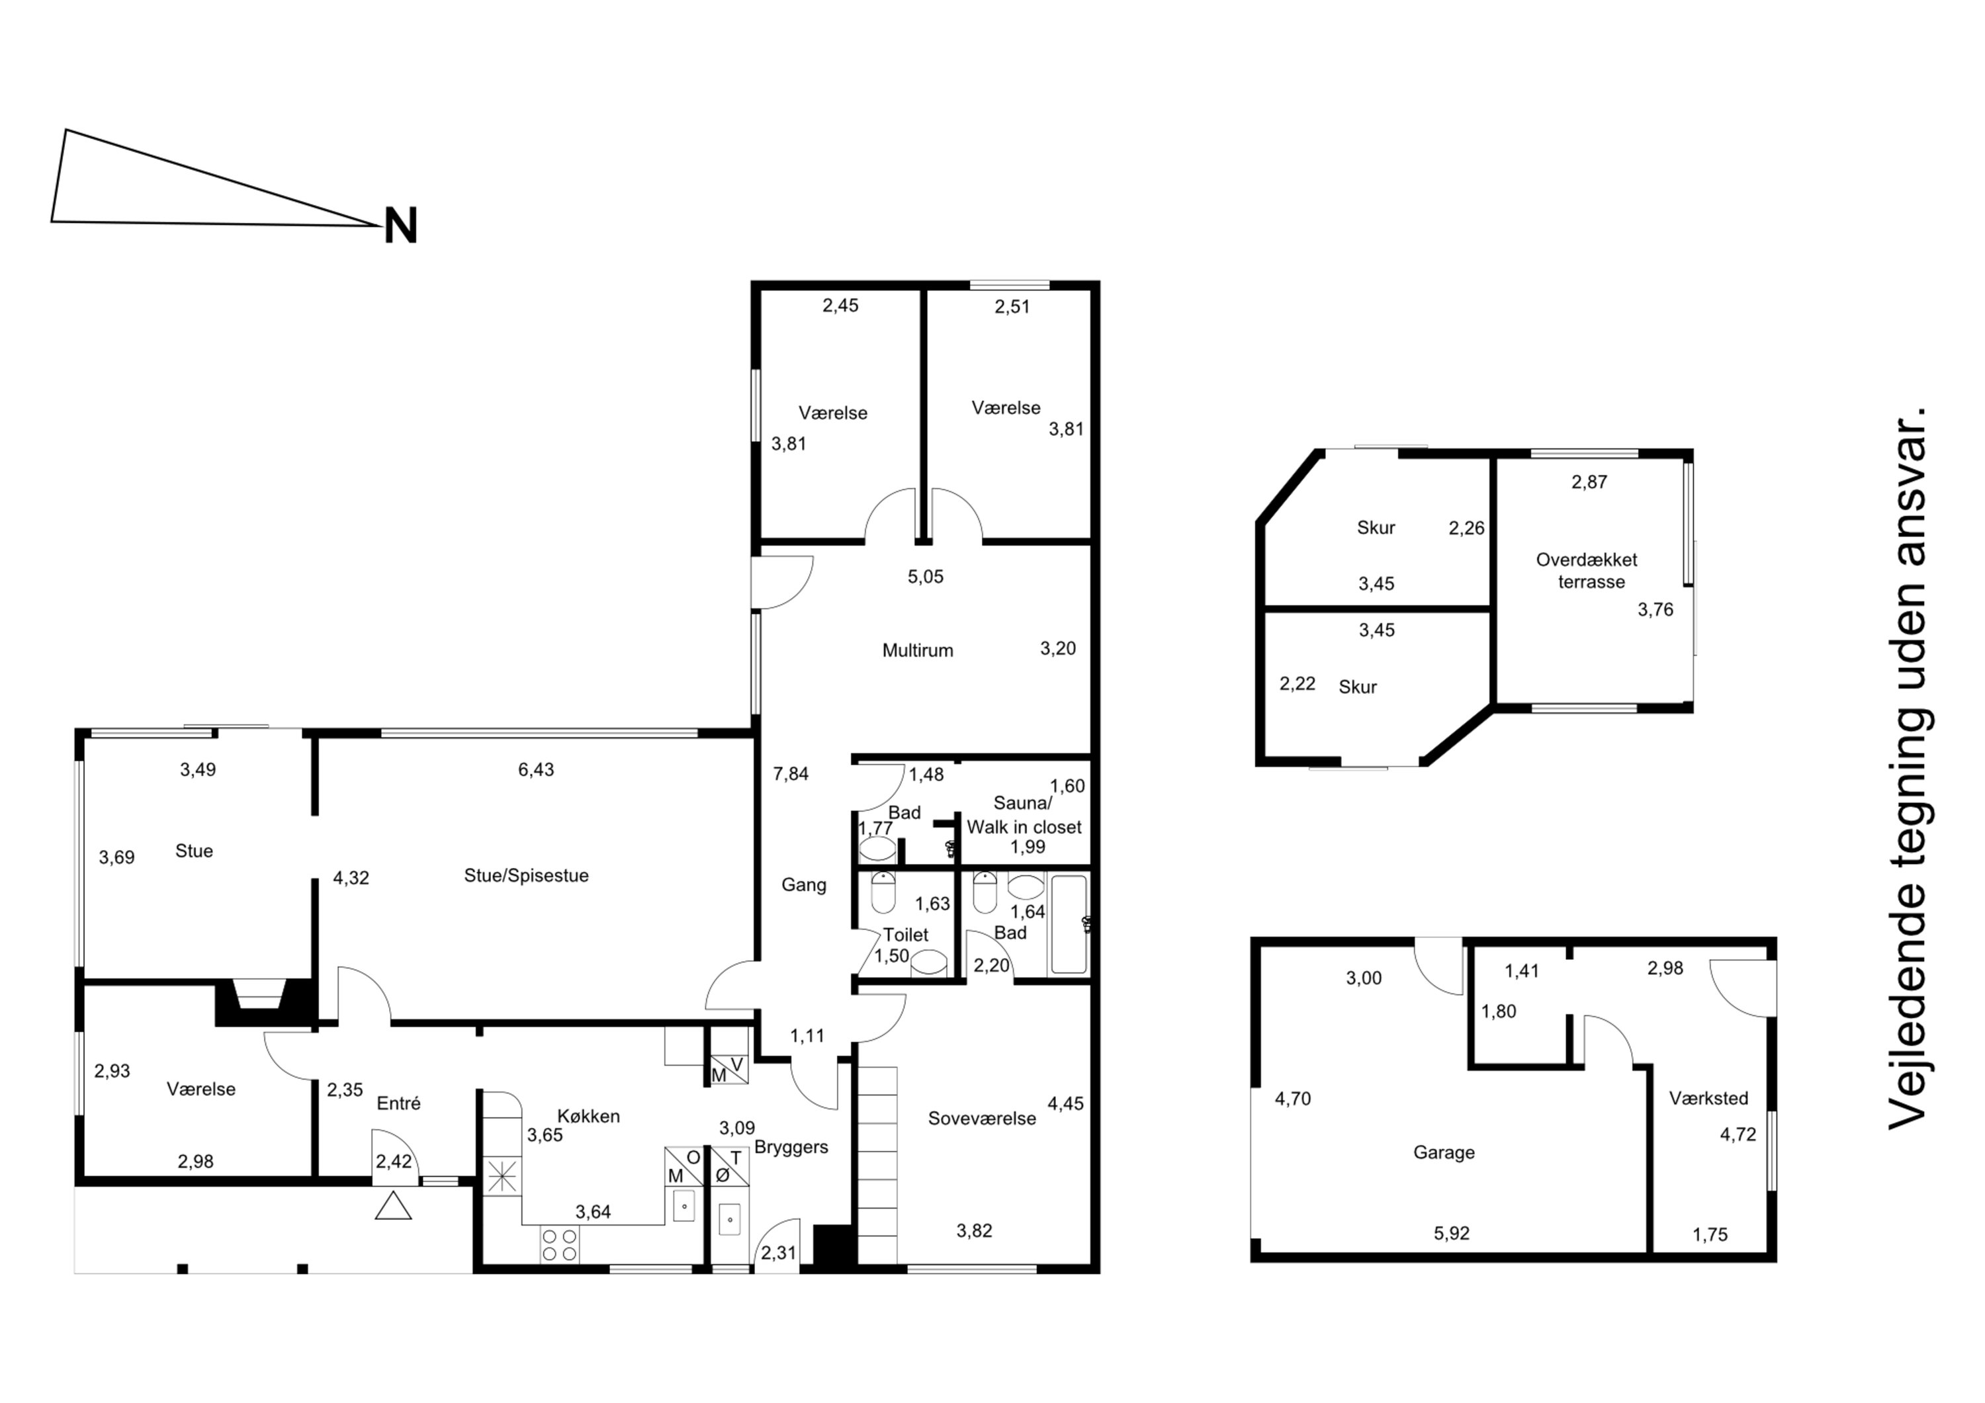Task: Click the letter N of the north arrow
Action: pos(400,226)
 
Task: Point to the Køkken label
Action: pos(588,1116)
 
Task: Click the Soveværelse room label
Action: pos(981,1119)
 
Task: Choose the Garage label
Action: pos(1444,1152)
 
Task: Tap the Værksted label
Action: pos(1708,1099)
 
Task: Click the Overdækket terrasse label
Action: pos(1587,571)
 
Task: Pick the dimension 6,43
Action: pos(536,769)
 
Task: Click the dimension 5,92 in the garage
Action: pos(1452,1234)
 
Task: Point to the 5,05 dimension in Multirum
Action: pos(925,577)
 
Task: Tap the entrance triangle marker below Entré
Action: pos(394,1206)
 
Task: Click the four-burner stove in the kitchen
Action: pos(558,1245)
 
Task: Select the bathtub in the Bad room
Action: pos(1069,924)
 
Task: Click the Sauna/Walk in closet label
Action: pos(1024,815)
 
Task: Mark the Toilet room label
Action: pos(905,935)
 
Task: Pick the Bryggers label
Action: pos(791,1147)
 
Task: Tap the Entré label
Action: pos(398,1103)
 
